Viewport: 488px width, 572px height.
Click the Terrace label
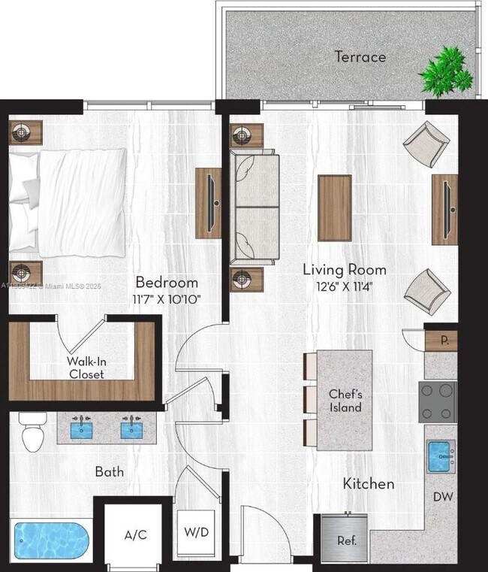(x=360, y=56)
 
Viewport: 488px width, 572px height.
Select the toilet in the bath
(x=32, y=433)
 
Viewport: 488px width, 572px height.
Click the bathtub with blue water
(x=50, y=540)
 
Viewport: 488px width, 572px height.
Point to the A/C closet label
(x=135, y=535)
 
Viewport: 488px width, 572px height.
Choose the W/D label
(x=196, y=532)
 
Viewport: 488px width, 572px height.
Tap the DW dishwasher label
(x=442, y=497)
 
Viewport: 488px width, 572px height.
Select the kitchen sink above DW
(x=441, y=455)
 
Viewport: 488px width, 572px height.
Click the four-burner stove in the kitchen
(x=438, y=401)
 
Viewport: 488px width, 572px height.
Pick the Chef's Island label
(x=345, y=401)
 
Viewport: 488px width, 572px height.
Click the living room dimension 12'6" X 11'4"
(x=344, y=285)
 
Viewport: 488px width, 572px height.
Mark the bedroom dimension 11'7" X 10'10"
(x=167, y=298)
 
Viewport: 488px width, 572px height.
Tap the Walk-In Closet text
(x=86, y=367)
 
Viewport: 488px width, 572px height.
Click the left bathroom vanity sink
(x=83, y=430)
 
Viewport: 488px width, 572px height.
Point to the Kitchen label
(x=368, y=483)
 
